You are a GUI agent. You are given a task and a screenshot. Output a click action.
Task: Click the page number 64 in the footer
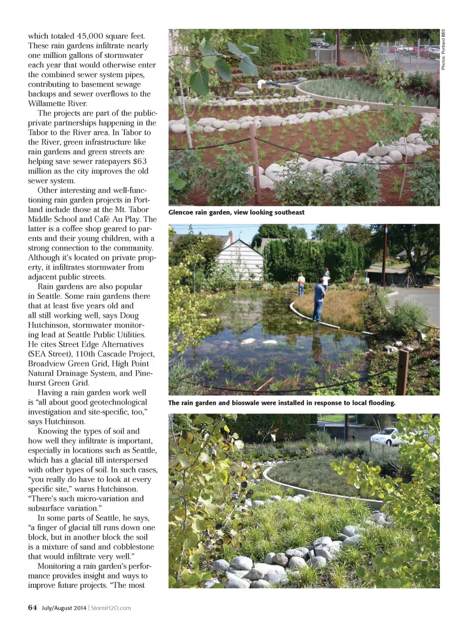[x=32, y=608]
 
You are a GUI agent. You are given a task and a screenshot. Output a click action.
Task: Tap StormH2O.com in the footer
[x=111, y=608]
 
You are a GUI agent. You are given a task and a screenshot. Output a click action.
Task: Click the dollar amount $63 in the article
[x=140, y=161]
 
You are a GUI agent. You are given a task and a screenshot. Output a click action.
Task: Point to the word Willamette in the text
[x=48, y=104]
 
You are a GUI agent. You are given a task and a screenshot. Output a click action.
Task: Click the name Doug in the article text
[x=129, y=315]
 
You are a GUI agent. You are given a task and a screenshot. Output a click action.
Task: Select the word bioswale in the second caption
[x=251, y=403]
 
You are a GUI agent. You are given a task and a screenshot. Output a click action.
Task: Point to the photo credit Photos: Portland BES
[x=444, y=49]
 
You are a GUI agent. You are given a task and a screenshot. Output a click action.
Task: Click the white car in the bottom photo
[x=385, y=436]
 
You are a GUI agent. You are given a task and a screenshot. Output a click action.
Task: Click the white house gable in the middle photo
[x=240, y=256]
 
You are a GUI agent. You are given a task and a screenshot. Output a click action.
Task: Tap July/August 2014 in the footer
[x=64, y=608]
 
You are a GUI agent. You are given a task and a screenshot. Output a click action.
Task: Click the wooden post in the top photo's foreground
[x=255, y=159]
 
